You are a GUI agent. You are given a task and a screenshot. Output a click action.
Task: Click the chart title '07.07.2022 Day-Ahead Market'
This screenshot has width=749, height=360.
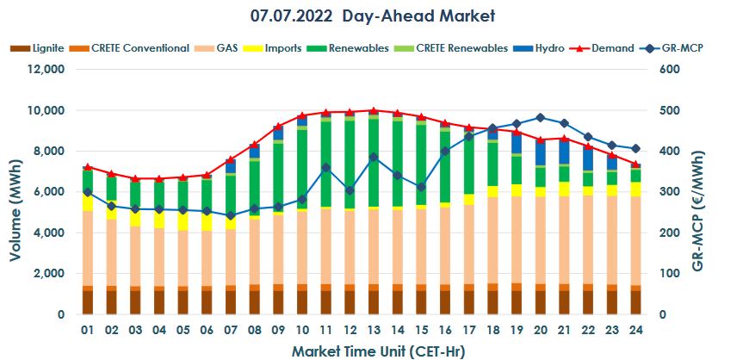(373, 16)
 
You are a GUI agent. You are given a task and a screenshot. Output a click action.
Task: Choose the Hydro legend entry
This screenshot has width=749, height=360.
(548, 48)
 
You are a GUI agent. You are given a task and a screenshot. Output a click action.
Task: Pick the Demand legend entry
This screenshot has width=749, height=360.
(614, 48)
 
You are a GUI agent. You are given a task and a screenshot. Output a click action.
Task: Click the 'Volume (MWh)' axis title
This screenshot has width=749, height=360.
(15, 192)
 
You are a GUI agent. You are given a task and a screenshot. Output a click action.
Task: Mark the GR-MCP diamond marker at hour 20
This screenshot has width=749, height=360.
(540, 117)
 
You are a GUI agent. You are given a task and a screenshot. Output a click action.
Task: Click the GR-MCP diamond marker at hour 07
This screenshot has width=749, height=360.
(231, 215)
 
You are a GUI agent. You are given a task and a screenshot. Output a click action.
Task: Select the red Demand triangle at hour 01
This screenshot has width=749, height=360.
(88, 167)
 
